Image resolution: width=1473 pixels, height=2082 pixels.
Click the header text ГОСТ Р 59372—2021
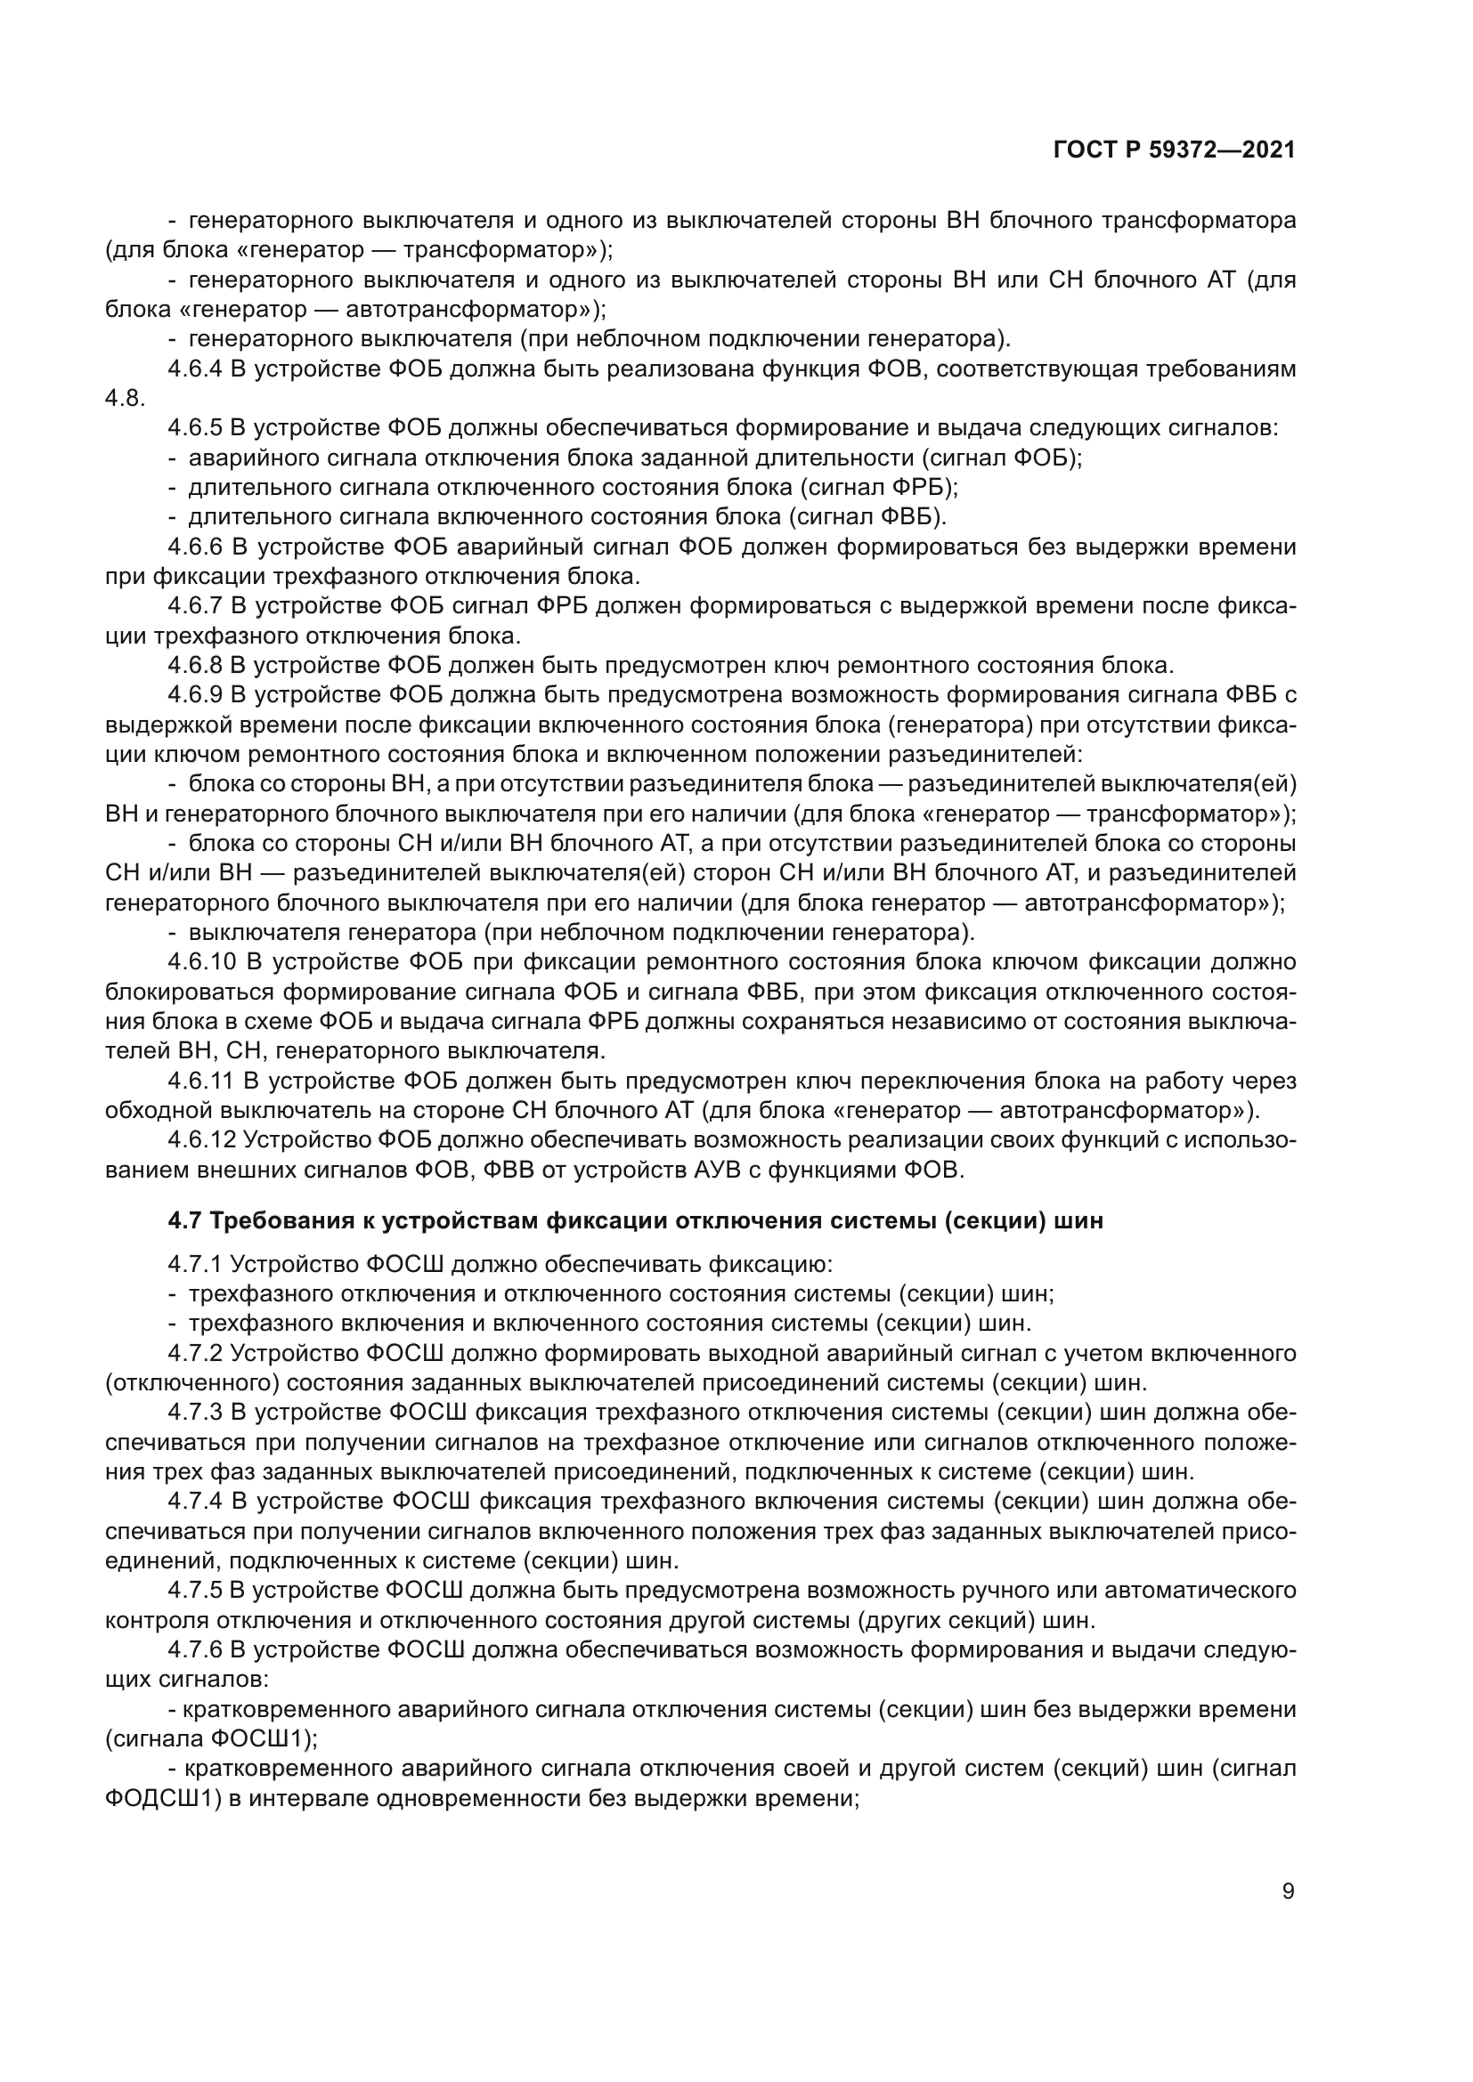point(1175,150)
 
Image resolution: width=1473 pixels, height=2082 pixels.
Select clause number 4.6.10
point(201,962)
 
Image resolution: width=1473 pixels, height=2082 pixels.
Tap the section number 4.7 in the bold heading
point(185,1220)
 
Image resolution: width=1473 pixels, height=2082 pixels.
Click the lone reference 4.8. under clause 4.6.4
point(126,399)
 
